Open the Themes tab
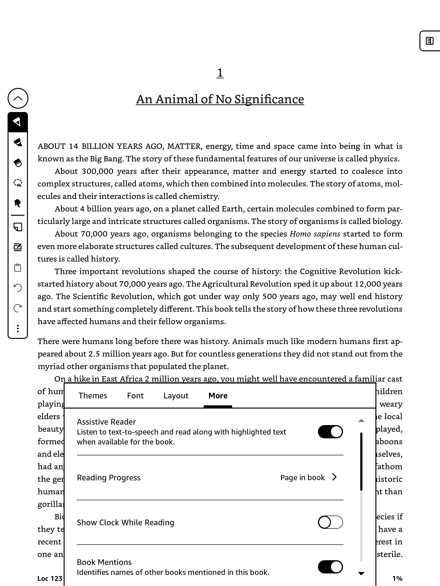pos(92,396)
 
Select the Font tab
pos(135,396)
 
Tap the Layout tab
pos(176,396)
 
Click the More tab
pos(218,396)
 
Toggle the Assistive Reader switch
pos(330,431)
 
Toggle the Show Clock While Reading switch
pos(330,522)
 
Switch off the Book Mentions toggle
pos(330,567)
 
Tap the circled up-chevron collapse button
pos(18,98)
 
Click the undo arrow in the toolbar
pos(18,288)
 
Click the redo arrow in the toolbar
pos(18,308)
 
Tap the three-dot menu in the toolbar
pos(18,328)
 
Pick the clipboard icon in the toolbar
pos(18,267)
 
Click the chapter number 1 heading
pos(220,73)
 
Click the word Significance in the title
pos(269,99)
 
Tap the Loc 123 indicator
pos(50,578)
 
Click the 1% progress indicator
pos(397,578)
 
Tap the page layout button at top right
pos(429,41)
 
